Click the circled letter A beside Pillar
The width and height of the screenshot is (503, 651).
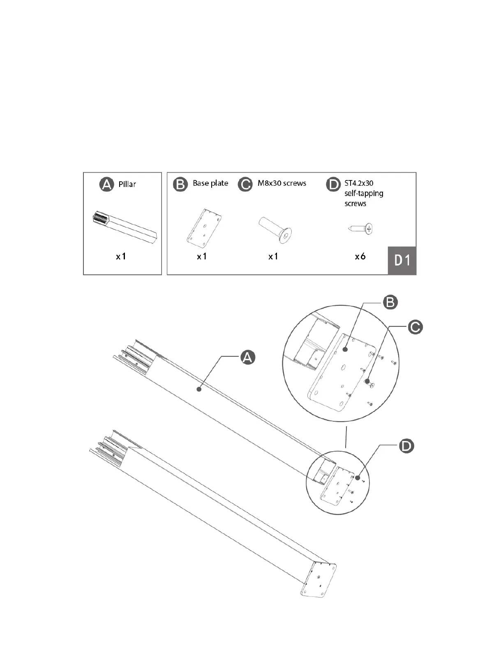pos(107,185)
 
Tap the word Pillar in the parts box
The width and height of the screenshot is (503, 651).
pos(127,184)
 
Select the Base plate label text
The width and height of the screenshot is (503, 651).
pos(210,183)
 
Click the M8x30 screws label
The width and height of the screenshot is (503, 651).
pos(282,183)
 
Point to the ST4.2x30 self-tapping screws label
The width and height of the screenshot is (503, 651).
pos(363,193)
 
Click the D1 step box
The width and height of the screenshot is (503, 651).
pos(402,261)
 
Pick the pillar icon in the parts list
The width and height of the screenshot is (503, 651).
pos(125,228)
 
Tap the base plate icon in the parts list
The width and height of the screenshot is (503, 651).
pos(204,229)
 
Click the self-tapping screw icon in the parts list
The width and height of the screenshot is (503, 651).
pos(361,229)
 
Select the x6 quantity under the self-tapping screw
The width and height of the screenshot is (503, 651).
pos(360,256)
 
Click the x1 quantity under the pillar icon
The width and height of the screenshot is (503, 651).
pos(121,256)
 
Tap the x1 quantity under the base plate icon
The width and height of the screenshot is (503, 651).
pos(202,256)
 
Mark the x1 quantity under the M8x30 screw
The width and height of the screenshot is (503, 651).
pos(273,256)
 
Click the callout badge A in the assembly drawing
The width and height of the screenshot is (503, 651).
pos(247,357)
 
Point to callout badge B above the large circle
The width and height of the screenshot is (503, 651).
pos(390,302)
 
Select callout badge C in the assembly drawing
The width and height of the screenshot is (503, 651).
pos(415,328)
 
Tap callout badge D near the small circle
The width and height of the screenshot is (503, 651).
pos(406,446)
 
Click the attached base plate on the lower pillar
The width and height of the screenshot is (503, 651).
pos(318,579)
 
